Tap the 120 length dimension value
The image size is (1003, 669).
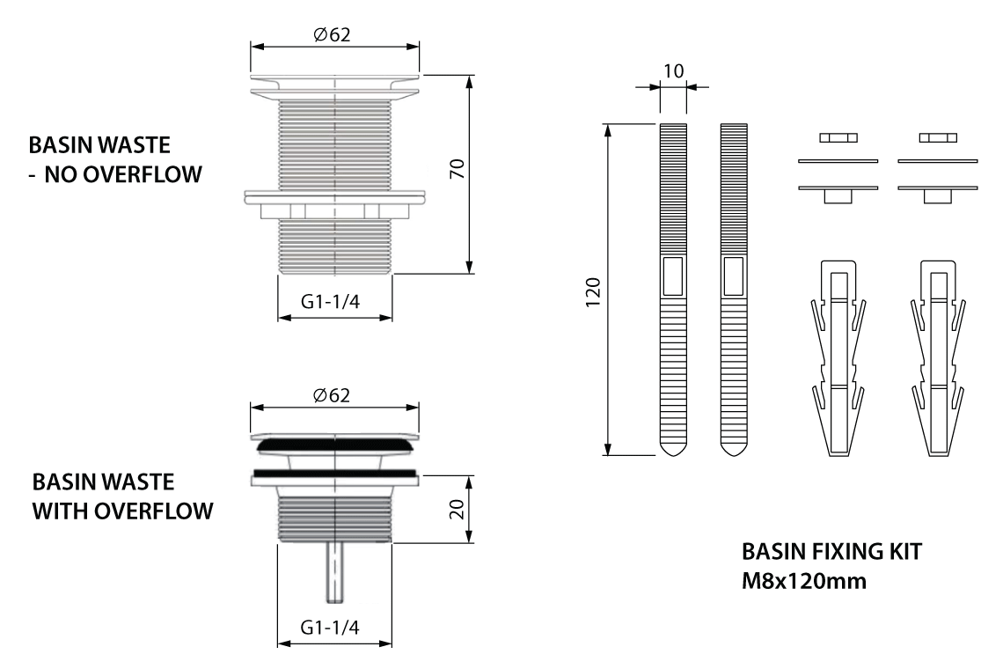point(592,290)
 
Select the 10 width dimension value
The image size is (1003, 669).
point(672,70)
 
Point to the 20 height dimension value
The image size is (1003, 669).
point(456,510)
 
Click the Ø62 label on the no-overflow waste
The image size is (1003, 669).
point(334,34)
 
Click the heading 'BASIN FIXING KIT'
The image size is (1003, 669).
point(831,553)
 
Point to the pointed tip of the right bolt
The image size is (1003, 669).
point(734,448)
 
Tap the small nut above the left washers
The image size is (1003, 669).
point(837,137)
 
